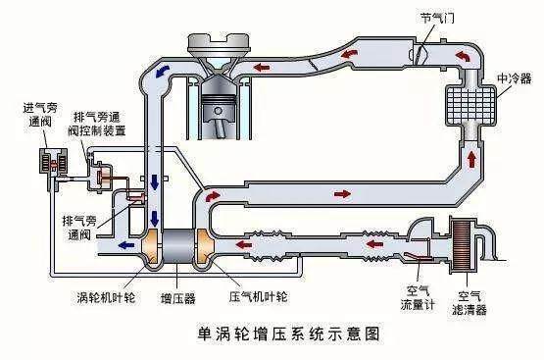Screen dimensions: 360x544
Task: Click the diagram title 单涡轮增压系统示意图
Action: (272, 334)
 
